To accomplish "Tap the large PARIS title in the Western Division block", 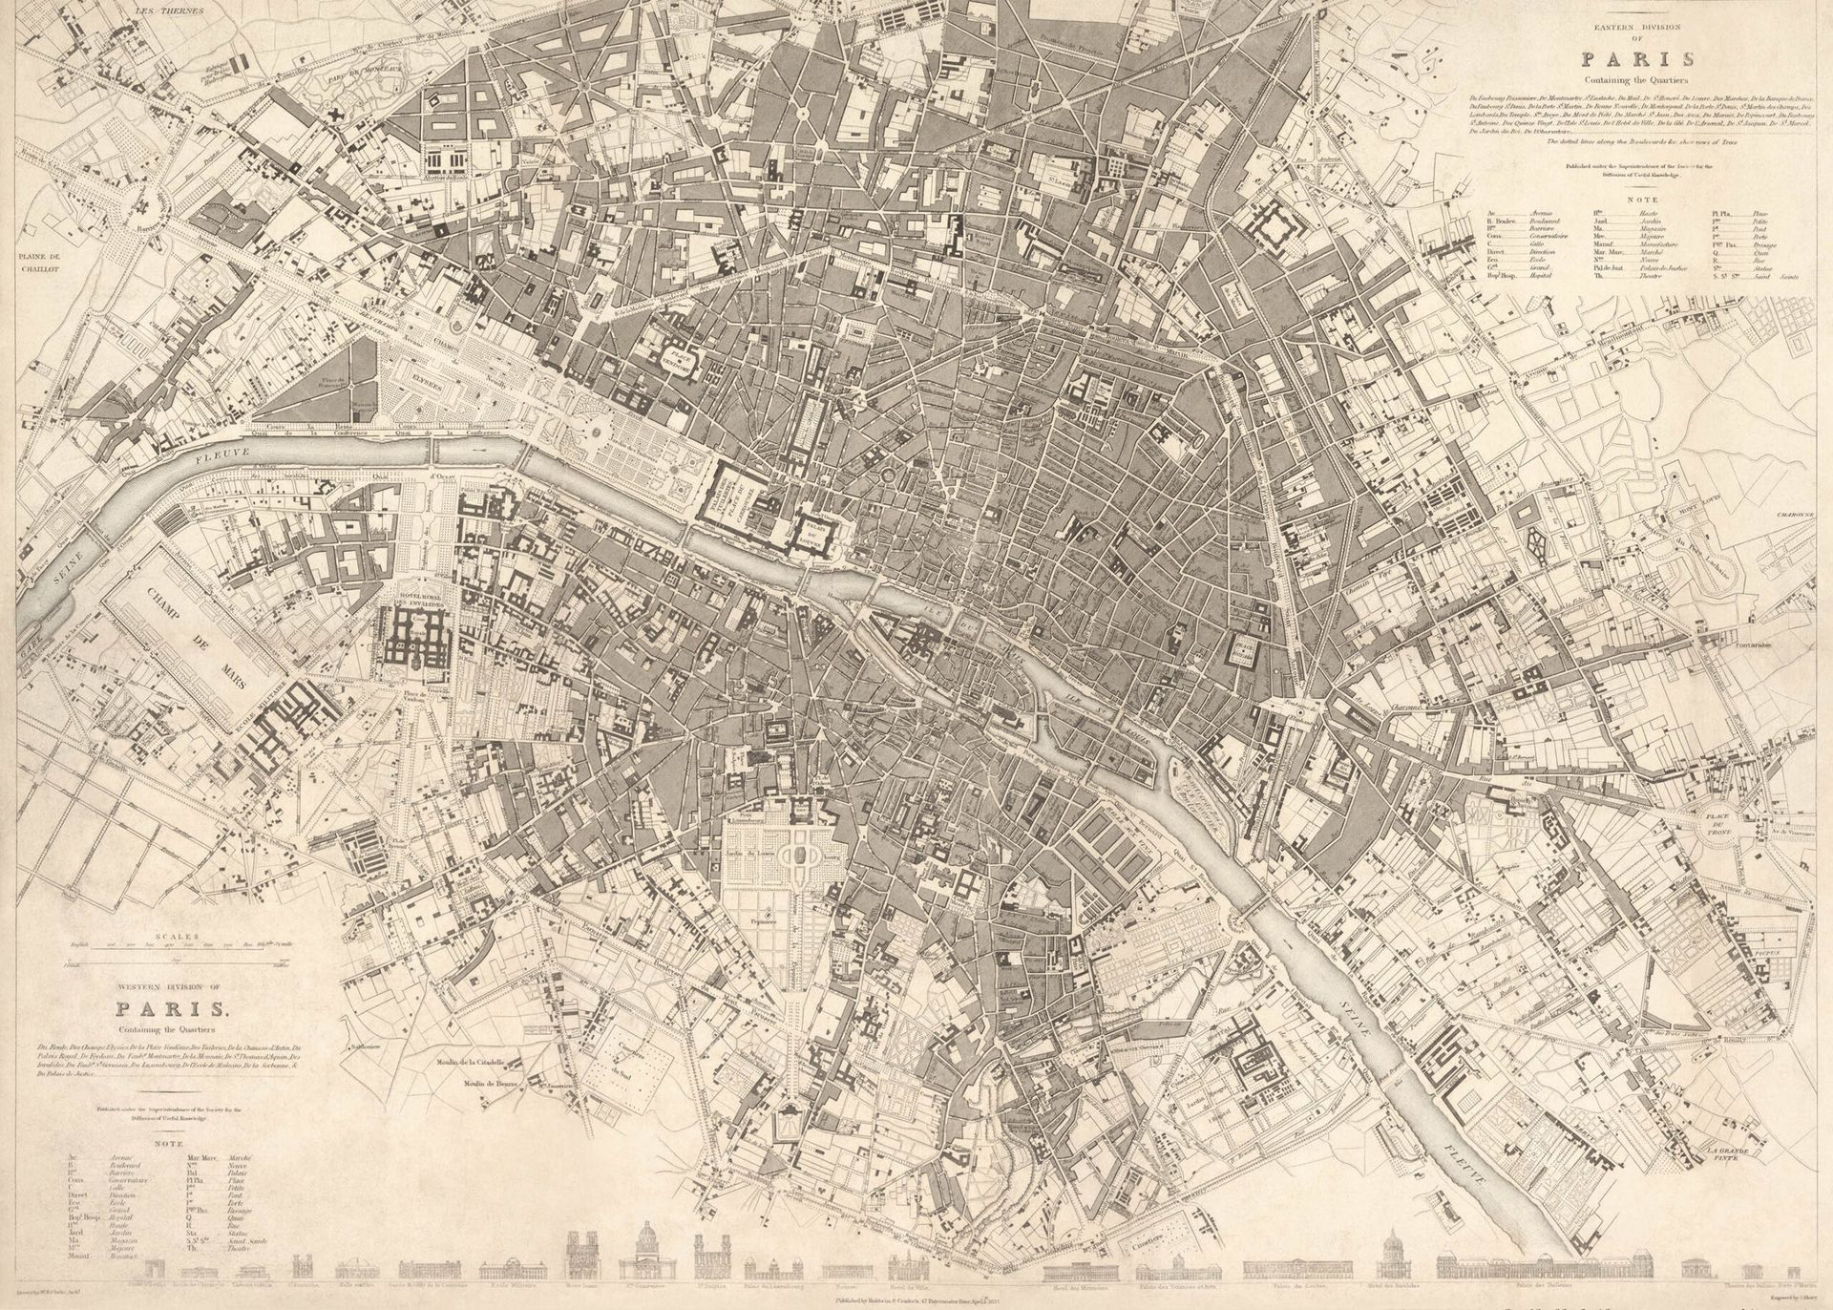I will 172,1009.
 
